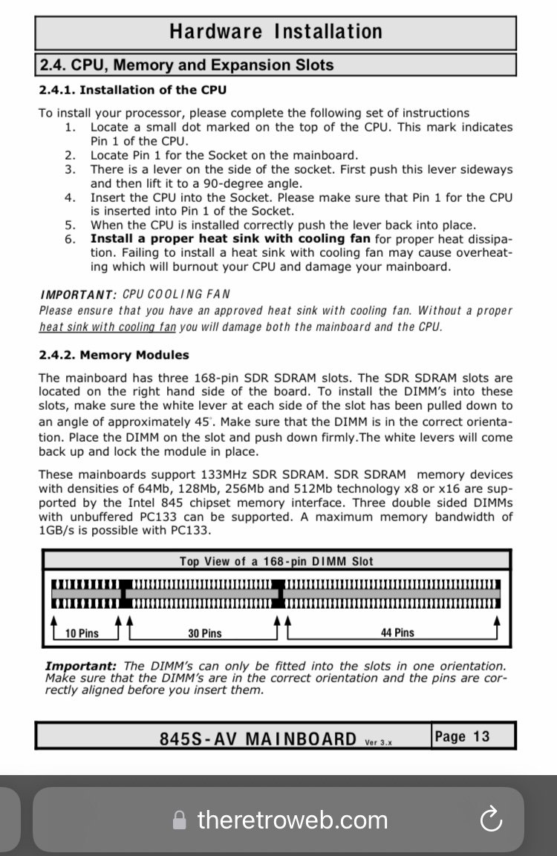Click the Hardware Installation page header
click(x=276, y=32)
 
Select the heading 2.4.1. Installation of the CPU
click(x=132, y=90)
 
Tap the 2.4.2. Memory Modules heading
click(x=114, y=355)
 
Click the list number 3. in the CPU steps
click(x=70, y=169)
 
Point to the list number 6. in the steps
click(x=70, y=239)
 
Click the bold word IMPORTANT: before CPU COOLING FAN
click(x=78, y=295)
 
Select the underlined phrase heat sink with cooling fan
click(x=108, y=327)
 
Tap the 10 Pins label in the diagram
click(x=82, y=633)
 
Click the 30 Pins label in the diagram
click(x=204, y=633)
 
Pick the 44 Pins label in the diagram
click(x=397, y=633)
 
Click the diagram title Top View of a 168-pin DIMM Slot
click(x=276, y=561)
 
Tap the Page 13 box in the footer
click(x=462, y=736)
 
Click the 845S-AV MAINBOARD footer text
click(x=258, y=739)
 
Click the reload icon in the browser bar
click(x=491, y=820)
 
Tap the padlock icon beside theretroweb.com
click(x=179, y=820)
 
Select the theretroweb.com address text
click(x=292, y=820)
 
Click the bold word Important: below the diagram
click(x=80, y=666)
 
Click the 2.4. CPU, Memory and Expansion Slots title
click(x=186, y=65)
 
